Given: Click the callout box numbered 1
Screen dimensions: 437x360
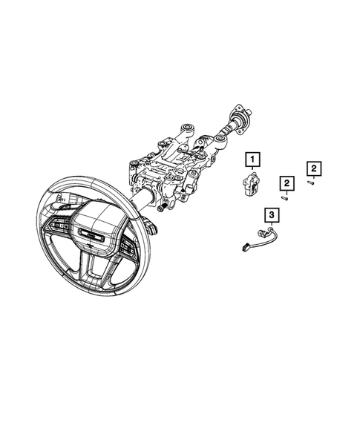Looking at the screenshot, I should pyautogui.click(x=254, y=159).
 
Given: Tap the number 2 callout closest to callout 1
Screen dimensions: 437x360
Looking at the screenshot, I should pyautogui.click(x=285, y=183).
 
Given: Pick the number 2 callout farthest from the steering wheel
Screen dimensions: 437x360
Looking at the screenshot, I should pyautogui.click(x=314, y=169).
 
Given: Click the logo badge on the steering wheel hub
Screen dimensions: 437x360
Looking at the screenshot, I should pyautogui.click(x=91, y=236).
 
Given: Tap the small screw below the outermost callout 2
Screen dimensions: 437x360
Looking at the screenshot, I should pyautogui.click(x=314, y=184).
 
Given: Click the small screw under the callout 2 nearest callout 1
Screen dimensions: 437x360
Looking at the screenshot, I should pyautogui.click(x=285, y=197).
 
